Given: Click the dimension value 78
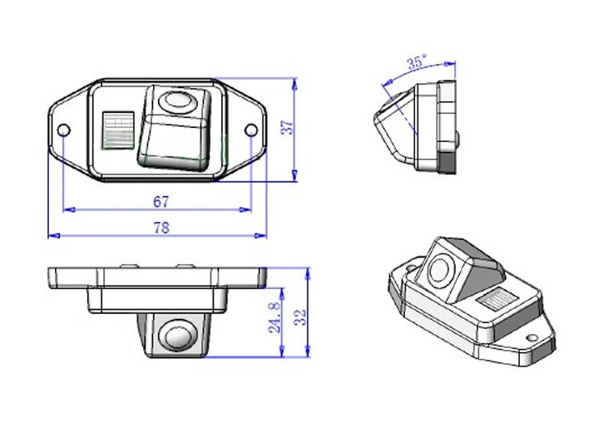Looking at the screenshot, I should coord(161,228).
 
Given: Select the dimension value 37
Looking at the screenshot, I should coord(286,129).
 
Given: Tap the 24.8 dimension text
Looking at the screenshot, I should coord(274,317).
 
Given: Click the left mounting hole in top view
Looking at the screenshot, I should coord(63,130).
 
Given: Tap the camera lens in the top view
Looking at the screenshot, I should coord(175,101).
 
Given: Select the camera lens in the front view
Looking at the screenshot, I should coord(175,336).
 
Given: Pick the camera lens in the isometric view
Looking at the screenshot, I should coord(441,269).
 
